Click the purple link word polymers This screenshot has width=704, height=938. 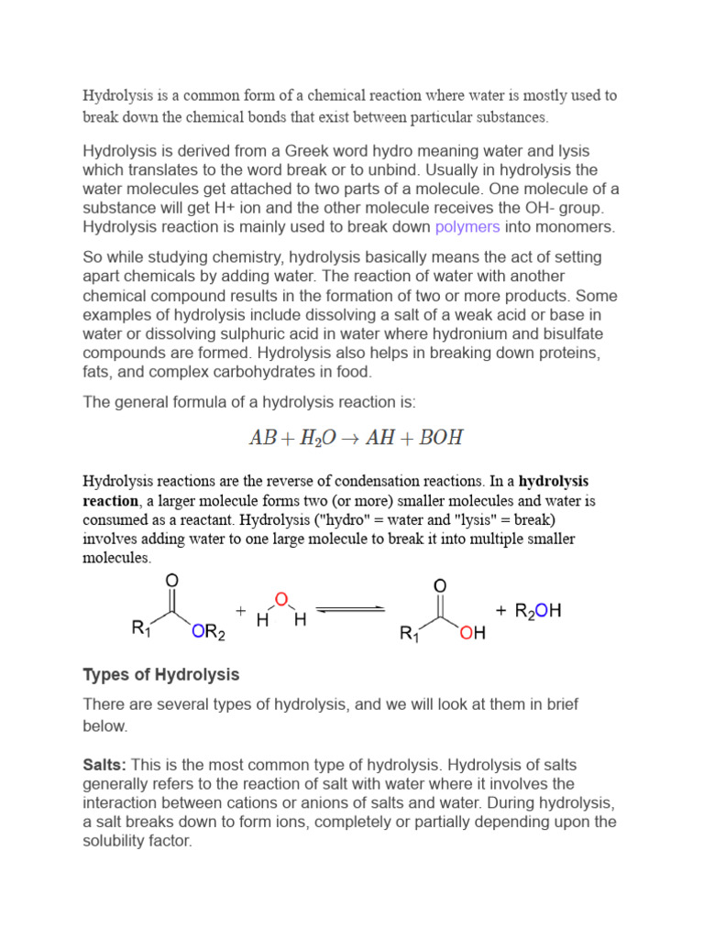tap(467, 227)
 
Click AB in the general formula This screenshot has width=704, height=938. tap(262, 438)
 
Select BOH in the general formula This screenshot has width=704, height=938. tap(441, 438)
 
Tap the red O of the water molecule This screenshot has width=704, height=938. tap(280, 598)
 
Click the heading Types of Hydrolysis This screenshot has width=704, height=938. tap(161, 675)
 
